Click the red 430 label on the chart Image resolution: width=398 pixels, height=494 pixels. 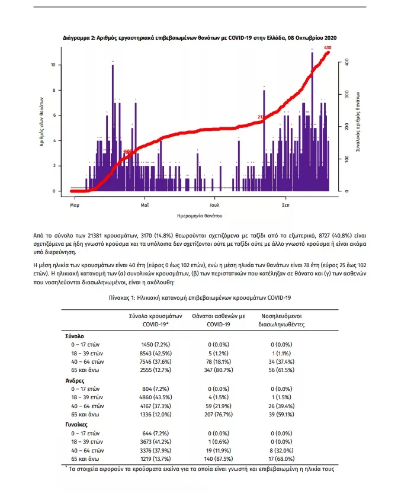coord(328,47)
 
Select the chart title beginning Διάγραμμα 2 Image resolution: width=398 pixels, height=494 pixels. coord(200,37)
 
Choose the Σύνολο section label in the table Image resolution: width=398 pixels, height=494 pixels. coord(74,336)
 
